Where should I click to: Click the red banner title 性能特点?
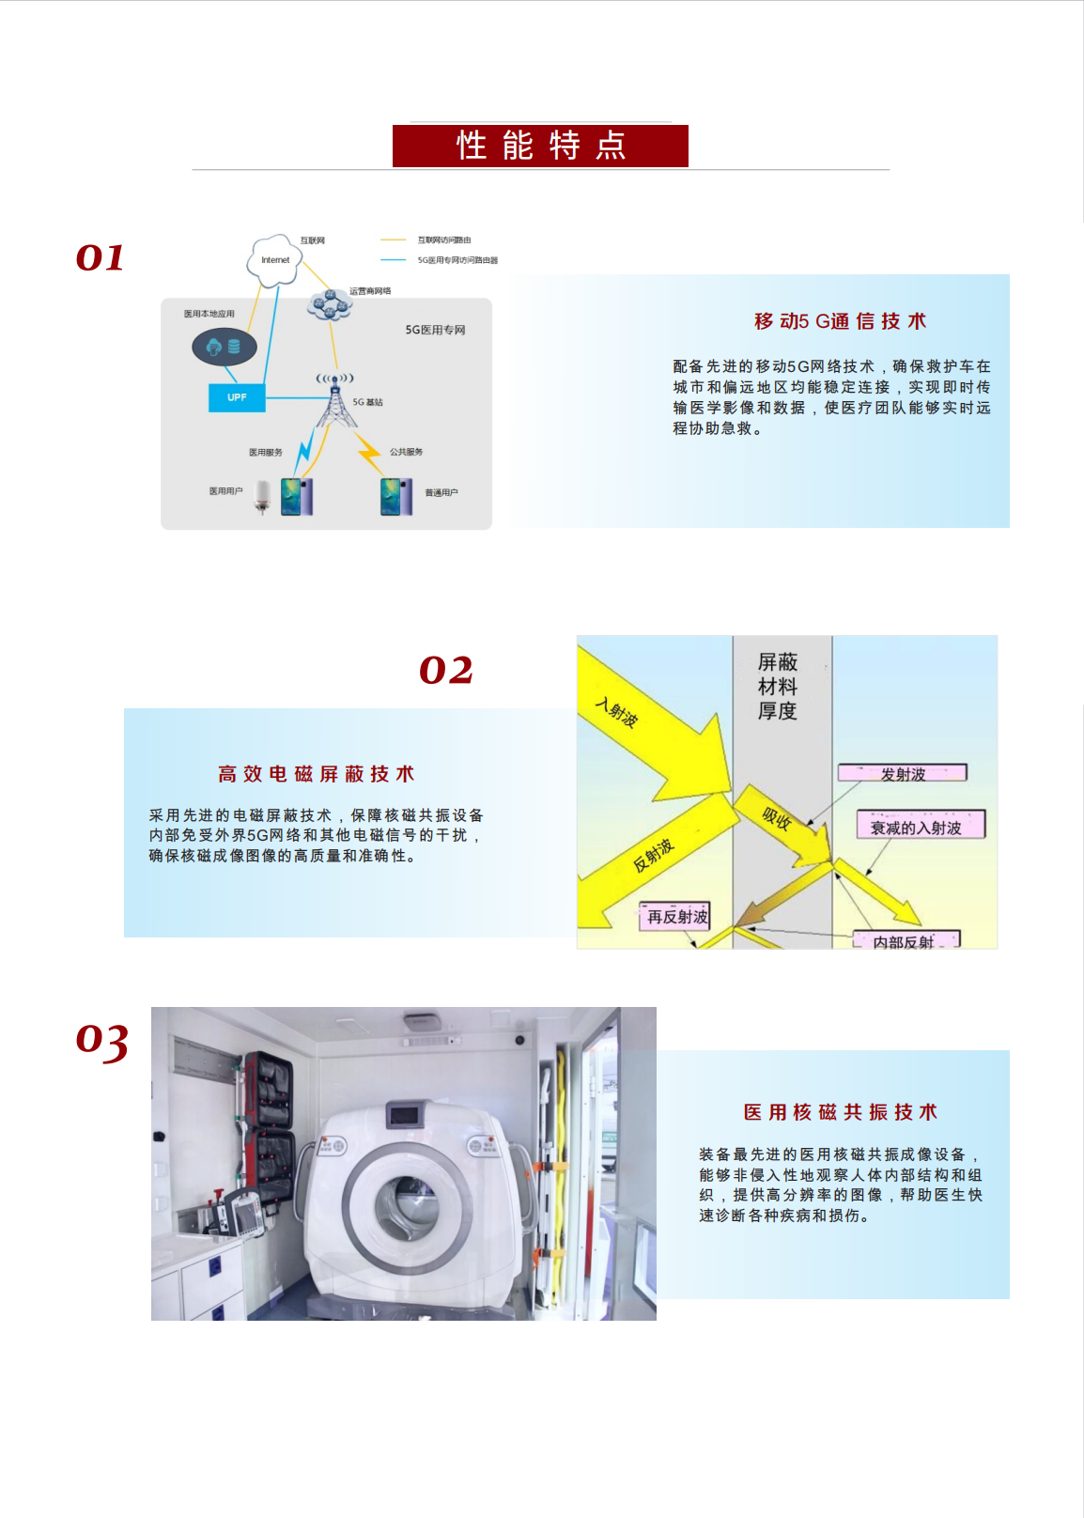coord(540,146)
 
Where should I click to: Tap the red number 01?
coord(100,257)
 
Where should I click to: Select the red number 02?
coord(445,670)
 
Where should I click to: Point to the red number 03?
coord(101,1041)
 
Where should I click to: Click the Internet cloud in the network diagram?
coord(275,260)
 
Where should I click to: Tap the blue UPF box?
coord(237,397)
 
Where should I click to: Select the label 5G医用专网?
coord(435,330)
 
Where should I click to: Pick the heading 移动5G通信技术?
coord(840,321)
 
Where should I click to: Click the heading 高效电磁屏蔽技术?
coord(316,774)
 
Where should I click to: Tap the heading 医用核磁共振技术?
coord(840,1112)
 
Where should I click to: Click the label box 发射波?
coord(902,773)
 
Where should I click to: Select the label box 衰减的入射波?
coord(921,826)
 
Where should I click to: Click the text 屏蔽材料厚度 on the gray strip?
coord(778,687)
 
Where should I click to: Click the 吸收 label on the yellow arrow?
coord(776,817)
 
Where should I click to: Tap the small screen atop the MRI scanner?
coord(404,1115)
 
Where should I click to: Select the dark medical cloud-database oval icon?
coord(225,348)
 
